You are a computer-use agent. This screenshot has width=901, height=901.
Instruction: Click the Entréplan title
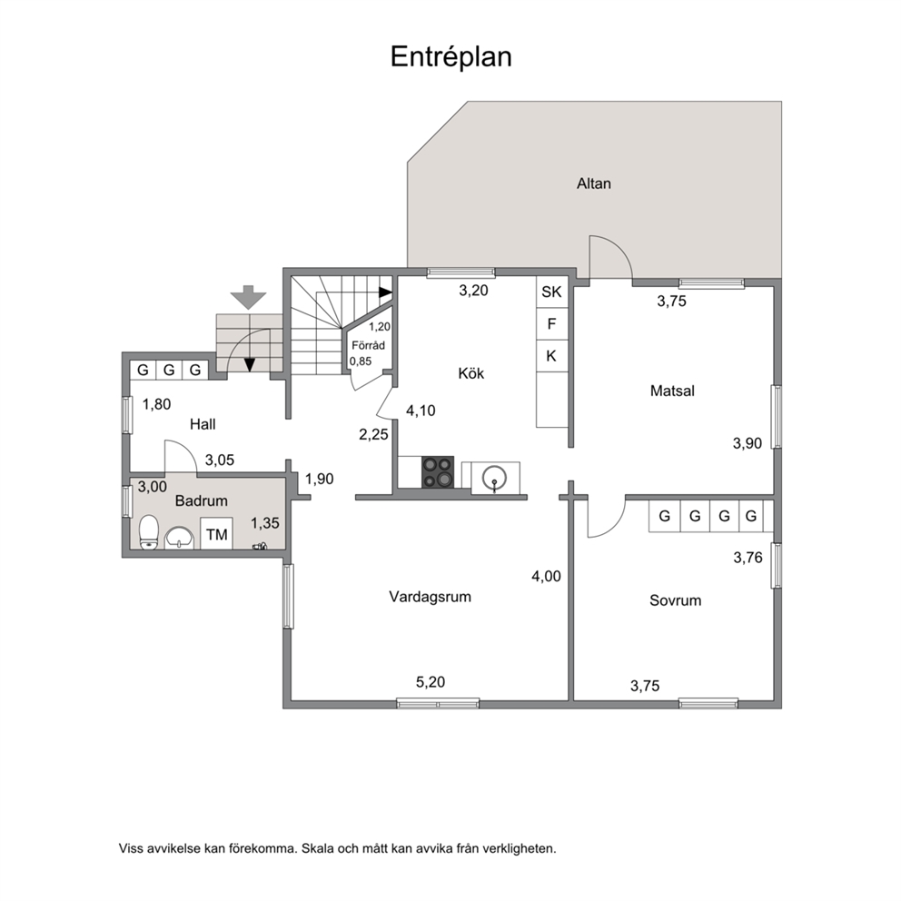(451, 57)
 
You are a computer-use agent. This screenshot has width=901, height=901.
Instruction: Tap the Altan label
(594, 183)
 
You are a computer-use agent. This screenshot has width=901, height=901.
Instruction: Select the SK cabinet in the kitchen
(551, 292)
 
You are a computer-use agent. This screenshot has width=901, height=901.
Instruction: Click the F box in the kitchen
(551, 324)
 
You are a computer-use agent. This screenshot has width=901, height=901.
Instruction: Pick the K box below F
(551, 356)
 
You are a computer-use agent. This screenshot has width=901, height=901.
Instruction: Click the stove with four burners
(438, 472)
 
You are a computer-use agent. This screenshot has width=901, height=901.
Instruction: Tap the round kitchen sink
(494, 478)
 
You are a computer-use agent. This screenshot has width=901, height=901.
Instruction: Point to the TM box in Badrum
(217, 534)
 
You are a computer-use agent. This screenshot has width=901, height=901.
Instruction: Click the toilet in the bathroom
(149, 532)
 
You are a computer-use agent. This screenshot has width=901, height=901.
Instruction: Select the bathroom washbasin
(179, 539)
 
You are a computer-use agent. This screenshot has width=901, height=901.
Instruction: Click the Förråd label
(369, 345)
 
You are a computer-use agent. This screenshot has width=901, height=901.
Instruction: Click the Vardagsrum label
(430, 597)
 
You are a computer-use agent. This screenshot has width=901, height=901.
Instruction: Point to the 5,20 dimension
(431, 682)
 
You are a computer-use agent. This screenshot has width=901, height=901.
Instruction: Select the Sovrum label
(675, 600)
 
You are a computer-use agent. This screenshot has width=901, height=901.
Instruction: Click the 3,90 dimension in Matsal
(747, 443)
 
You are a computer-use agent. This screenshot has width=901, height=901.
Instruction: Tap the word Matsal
(672, 391)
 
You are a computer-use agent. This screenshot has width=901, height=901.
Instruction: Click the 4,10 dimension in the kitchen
(421, 411)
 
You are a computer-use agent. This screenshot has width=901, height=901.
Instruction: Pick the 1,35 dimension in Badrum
(265, 523)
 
